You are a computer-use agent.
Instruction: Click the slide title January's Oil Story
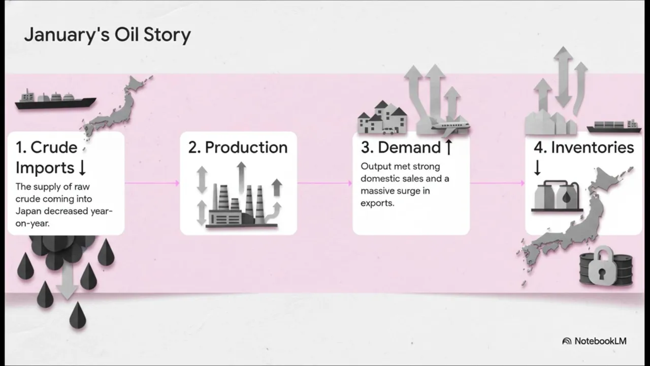[107, 35]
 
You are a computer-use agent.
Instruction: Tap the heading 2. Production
[238, 147]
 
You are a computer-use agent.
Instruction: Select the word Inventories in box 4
[592, 147]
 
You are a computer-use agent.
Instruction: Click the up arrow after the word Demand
[448, 147]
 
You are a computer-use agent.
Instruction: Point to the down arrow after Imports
[82, 168]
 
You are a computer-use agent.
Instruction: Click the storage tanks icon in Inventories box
[557, 196]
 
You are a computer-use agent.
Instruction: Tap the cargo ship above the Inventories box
[613, 127]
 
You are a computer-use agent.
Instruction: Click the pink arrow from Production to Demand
[325, 183]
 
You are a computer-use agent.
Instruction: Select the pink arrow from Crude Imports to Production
[152, 183]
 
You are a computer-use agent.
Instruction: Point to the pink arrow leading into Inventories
[498, 183]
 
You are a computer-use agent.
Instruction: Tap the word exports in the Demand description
[377, 203]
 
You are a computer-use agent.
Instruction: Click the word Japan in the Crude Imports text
[27, 211]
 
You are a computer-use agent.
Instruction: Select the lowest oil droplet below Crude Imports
[77, 315]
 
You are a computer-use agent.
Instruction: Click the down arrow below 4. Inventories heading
[537, 168]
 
